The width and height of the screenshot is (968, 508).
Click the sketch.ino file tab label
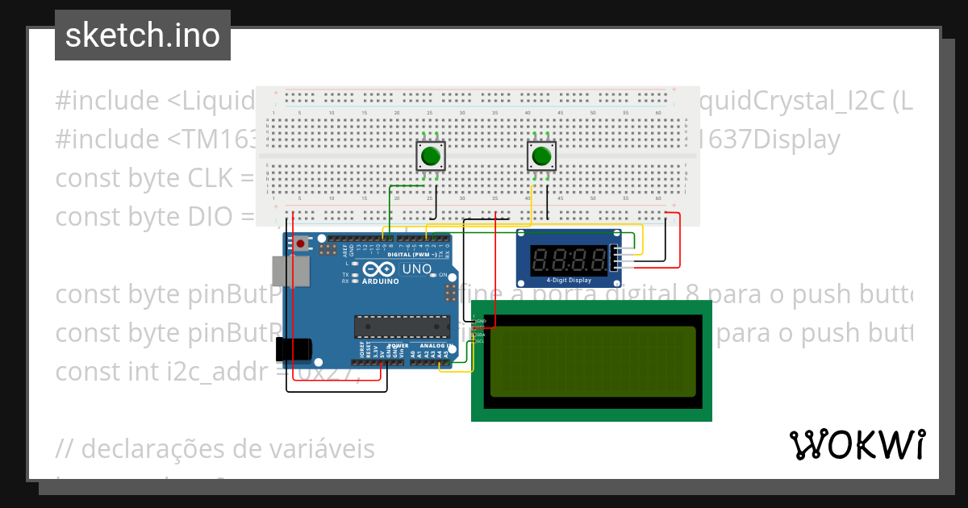coord(142,35)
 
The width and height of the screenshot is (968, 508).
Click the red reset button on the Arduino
coord(300,243)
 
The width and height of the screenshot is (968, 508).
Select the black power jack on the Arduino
coord(291,349)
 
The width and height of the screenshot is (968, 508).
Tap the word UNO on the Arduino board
coord(416,269)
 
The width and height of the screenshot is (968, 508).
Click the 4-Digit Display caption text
coord(569,281)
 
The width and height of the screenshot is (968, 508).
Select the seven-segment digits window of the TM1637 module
coord(570,260)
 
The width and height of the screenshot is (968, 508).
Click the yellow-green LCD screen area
coord(591,361)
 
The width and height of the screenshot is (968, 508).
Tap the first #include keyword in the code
coord(107,102)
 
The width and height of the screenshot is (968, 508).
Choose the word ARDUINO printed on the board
coord(381,281)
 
